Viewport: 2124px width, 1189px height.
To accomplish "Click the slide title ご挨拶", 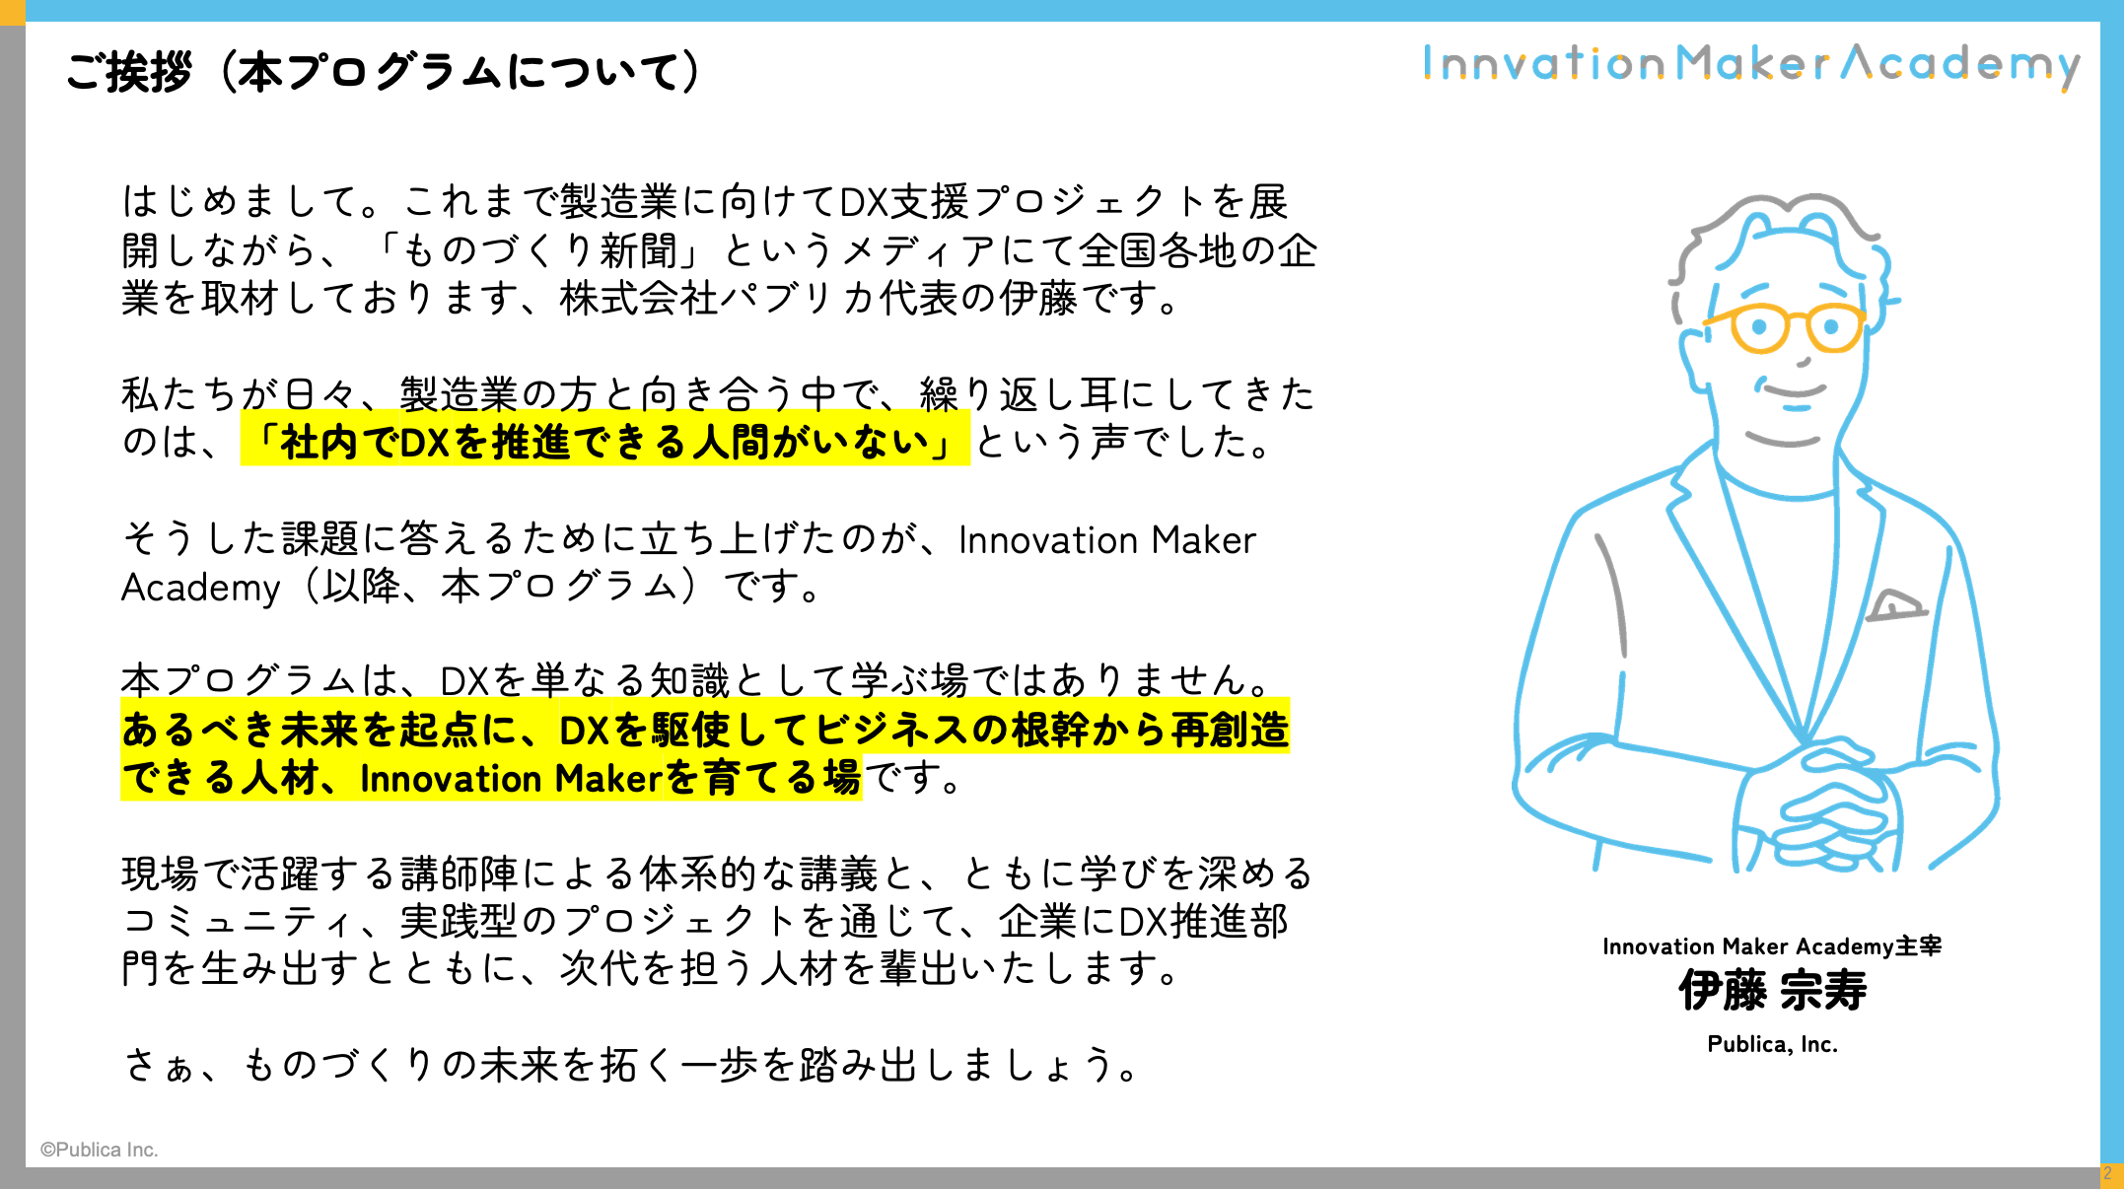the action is coord(128,72).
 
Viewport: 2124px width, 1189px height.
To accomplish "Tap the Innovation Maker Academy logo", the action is coord(1751,65).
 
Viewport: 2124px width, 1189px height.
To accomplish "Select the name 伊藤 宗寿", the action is coord(1772,990).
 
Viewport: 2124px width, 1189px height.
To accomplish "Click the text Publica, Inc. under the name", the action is coord(1772,1044).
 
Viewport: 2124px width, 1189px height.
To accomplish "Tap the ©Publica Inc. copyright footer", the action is coord(99,1150).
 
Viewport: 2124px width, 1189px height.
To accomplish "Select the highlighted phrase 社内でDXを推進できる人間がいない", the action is coord(604,442).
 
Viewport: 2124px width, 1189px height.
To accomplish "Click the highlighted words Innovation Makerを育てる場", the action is coord(610,778).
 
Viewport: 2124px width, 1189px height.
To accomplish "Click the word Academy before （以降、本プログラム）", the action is coord(201,588).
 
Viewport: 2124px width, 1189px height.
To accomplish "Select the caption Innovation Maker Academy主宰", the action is coord(1772,946).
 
